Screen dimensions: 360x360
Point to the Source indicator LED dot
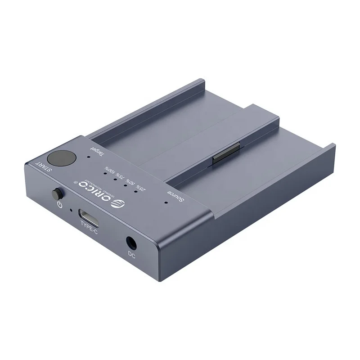click(165, 202)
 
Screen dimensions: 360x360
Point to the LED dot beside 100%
click(105, 173)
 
